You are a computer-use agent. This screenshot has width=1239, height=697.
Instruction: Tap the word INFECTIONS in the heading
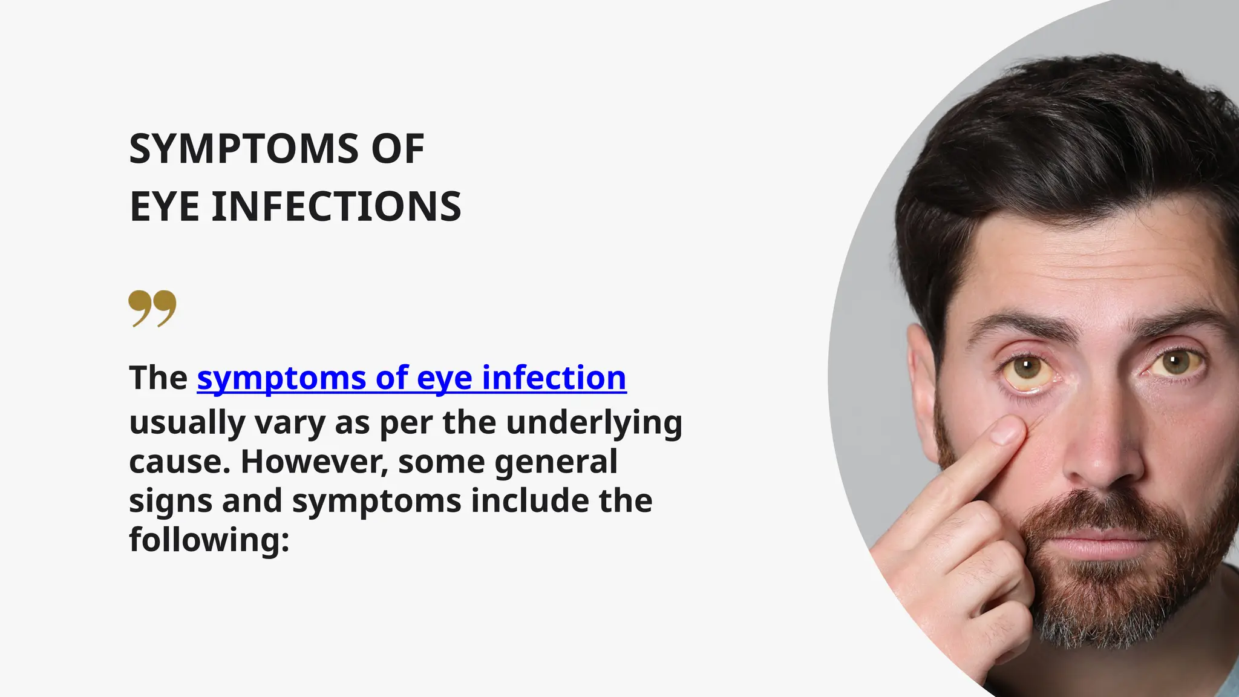[336, 207]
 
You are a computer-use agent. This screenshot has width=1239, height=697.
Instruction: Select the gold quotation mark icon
[152, 308]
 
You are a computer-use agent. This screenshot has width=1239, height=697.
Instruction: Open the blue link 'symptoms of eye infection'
[411, 378]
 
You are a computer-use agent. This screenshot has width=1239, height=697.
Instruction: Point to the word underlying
[594, 422]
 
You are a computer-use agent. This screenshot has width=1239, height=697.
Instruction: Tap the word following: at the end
[209, 540]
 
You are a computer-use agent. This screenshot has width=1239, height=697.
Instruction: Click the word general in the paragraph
[556, 462]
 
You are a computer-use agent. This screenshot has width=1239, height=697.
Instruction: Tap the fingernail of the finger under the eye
[1005, 430]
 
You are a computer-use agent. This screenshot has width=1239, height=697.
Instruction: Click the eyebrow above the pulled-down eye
[1022, 325]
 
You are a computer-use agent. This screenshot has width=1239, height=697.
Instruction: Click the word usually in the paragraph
[186, 422]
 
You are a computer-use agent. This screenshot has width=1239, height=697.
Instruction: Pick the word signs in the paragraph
[171, 501]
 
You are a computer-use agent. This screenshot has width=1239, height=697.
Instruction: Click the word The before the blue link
[158, 378]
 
